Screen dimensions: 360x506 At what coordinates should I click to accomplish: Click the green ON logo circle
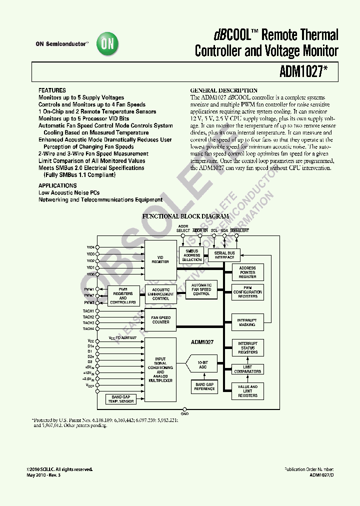107,44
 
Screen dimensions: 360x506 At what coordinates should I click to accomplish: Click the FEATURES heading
52,90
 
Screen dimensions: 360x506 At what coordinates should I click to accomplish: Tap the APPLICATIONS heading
57,185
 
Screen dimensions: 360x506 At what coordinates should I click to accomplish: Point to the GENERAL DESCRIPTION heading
224,90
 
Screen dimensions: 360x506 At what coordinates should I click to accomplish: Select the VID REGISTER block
160,259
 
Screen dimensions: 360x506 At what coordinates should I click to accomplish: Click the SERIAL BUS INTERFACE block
224,255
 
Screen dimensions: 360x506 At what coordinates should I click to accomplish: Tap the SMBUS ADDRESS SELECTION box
192,255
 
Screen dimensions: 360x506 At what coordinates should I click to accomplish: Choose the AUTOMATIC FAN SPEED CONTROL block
201,289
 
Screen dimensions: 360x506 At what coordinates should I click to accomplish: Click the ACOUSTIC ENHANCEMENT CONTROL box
160,294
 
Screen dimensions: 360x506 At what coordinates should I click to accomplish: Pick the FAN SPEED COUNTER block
160,319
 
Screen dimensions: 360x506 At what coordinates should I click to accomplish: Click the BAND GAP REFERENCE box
204,386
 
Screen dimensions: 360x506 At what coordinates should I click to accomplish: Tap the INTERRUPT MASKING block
247,322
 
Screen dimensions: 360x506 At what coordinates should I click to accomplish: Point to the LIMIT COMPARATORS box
247,369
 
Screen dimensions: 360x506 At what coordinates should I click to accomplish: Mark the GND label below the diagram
184,413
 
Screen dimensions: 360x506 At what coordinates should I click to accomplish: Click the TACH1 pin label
88,311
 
